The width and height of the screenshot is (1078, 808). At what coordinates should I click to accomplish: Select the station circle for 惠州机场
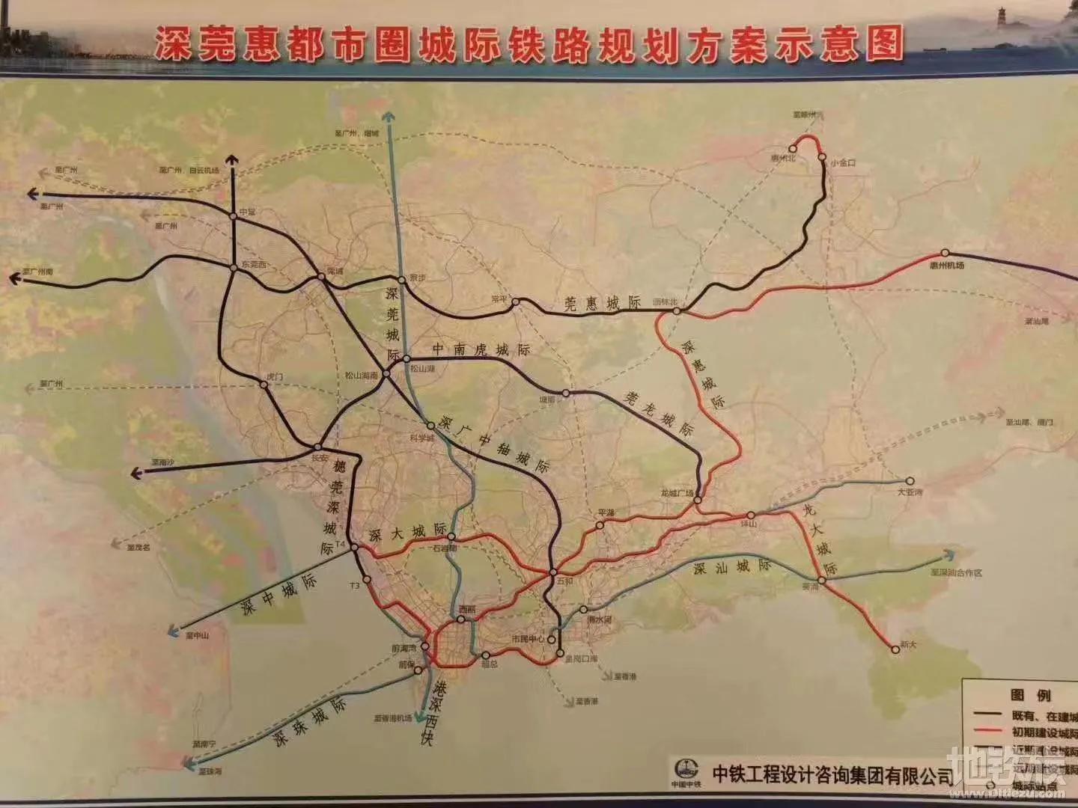point(945,253)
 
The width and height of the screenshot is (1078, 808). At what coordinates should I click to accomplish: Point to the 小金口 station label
point(843,162)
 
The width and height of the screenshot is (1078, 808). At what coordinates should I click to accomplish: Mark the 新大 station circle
point(895,650)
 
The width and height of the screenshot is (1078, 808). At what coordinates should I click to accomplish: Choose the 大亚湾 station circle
point(911,481)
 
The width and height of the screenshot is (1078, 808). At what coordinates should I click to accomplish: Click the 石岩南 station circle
point(451,536)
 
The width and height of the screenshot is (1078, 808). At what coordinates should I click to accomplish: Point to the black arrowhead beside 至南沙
point(135,473)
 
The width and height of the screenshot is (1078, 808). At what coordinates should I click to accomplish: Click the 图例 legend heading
point(1030,695)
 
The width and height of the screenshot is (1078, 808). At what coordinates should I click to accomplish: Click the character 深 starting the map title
point(173,45)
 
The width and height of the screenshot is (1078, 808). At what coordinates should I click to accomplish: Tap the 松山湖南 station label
point(362,377)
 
